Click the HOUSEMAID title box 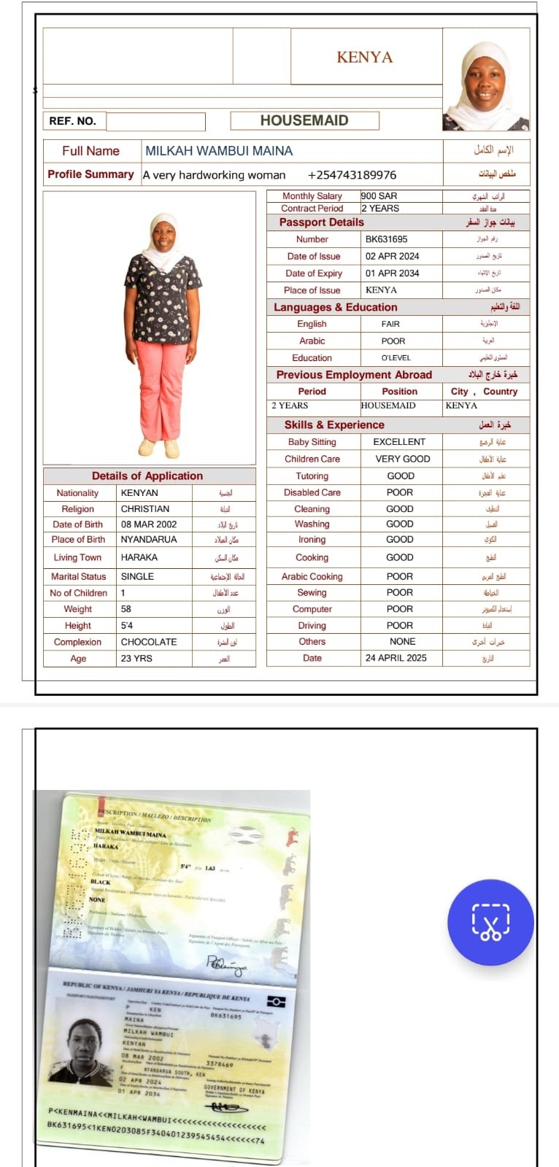pyautogui.click(x=304, y=120)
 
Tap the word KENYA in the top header pyautogui.click(x=364, y=57)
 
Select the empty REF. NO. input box pyautogui.click(x=155, y=121)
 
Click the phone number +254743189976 pyautogui.click(x=352, y=175)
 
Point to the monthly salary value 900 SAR pyautogui.click(x=379, y=195)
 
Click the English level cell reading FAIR pyautogui.click(x=390, y=324)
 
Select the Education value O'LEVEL pyautogui.click(x=396, y=358)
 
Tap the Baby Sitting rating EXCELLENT pyautogui.click(x=398, y=441)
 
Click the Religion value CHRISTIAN pyautogui.click(x=145, y=508)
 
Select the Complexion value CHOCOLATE pyautogui.click(x=149, y=642)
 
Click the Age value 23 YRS pyautogui.click(x=136, y=658)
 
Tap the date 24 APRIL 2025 pyautogui.click(x=396, y=658)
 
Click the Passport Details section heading pyautogui.click(x=321, y=222)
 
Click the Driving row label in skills pyautogui.click(x=312, y=625)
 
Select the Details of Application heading pyautogui.click(x=147, y=476)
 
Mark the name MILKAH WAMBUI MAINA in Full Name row pyautogui.click(x=219, y=151)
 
